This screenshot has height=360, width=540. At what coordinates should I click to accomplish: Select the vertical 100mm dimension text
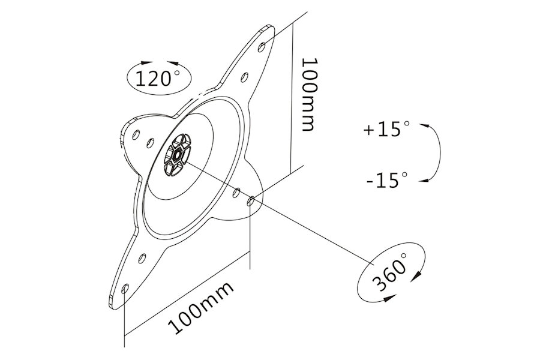point(308,94)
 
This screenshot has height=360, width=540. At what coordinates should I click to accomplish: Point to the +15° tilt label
point(387,129)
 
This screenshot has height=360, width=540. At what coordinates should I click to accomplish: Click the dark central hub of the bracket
point(177,155)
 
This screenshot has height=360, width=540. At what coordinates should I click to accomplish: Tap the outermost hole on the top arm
point(262,47)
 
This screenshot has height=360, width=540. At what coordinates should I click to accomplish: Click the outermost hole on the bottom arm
point(125,289)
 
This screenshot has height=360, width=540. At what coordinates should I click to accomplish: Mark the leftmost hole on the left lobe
point(136,134)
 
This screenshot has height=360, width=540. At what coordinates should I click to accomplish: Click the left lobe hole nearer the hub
point(150,142)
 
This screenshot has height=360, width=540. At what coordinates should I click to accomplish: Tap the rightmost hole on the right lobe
point(251,201)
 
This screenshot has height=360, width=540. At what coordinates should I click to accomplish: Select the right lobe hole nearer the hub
point(236,193)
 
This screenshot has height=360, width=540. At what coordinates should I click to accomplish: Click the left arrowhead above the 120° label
point(146,62)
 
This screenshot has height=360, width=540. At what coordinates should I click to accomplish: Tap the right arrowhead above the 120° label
point(173,62)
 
